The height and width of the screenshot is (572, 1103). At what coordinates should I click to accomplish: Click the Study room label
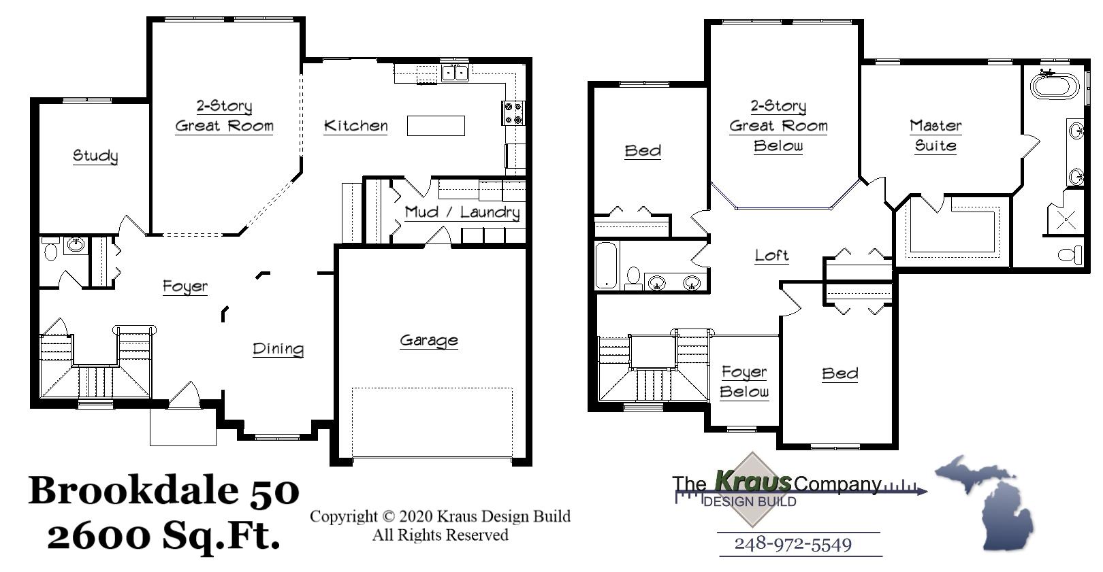point(95,156)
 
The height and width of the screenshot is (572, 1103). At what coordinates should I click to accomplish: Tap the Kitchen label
point(355,126)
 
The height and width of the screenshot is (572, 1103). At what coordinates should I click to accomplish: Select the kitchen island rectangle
point(436,126)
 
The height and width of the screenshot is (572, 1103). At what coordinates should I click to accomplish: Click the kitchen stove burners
point(513,113)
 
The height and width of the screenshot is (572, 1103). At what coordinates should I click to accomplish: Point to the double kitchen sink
point(455,72)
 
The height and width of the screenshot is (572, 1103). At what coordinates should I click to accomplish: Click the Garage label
point(428,340)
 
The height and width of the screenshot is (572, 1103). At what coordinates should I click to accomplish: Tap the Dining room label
point(278,349)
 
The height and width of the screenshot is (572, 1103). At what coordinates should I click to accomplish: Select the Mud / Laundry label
point(462,212)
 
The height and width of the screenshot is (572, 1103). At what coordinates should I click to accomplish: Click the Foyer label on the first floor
point(185,286)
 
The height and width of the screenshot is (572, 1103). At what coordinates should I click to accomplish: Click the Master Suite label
point(936,135)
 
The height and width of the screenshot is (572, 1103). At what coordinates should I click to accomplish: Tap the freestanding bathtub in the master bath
point(1055,87)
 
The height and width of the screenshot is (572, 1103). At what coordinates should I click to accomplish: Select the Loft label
point(771,256)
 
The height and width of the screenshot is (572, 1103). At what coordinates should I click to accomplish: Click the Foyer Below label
point(744,382)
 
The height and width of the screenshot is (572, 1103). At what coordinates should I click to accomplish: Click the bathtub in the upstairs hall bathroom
point(607,265)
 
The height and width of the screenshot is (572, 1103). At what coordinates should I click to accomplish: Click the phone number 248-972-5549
point(793,544)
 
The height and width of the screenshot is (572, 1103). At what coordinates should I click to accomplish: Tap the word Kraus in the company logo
point(753,482)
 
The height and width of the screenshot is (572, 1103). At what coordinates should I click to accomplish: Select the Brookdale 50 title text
point(163,490)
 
